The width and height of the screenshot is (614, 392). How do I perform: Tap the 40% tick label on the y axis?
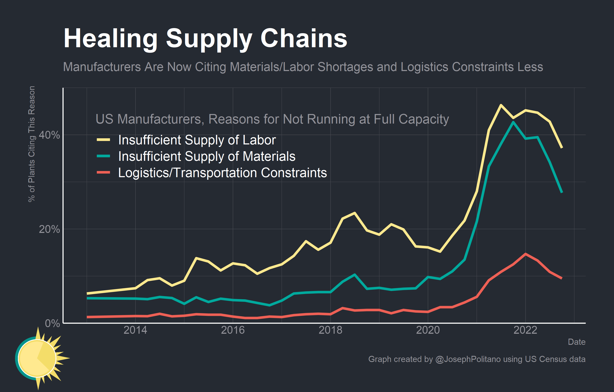point(49,135)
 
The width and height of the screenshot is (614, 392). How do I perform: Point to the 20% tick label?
point(49,229)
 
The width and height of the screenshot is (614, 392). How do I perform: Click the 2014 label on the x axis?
point(135,330)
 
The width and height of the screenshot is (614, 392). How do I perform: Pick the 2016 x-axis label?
point(233,330)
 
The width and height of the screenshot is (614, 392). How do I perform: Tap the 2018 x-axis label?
point(330,330)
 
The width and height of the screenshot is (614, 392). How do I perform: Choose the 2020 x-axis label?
point(428,330)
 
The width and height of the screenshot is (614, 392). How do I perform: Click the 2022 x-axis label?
point(525,330)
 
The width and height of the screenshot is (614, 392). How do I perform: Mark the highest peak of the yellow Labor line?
point(501,105)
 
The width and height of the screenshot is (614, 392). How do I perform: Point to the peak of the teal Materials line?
point(513,122)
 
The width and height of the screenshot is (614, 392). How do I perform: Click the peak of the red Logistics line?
point(525,254)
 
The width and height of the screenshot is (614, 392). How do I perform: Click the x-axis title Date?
point(577,342)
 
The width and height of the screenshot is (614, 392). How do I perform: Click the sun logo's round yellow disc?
point(37,358)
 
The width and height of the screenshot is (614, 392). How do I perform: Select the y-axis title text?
point(31,144)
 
